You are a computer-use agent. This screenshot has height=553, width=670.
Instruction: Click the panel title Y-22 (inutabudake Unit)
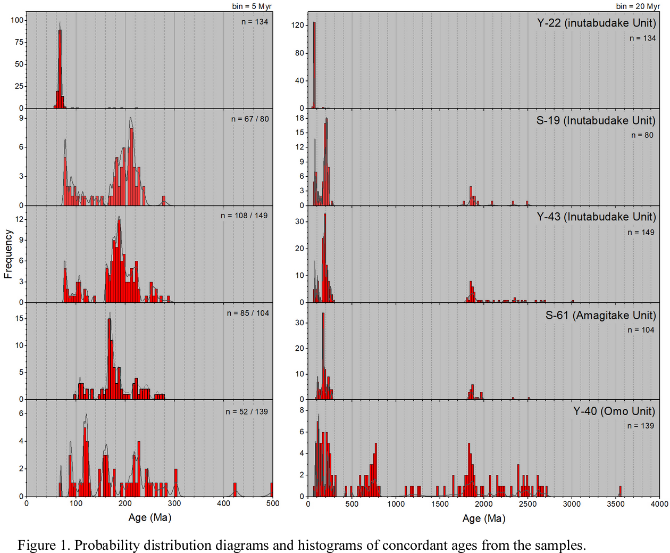(x=596, y=23)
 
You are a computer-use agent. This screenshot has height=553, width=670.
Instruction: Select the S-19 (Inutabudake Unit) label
(x=596, y=120)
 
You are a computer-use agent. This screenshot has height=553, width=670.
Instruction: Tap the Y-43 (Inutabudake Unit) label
(x=596, y=217)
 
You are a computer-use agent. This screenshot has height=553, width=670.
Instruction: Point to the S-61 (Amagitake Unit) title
(x=600, y=315)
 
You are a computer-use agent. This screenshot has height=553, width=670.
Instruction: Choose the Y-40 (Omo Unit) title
(x=614, y=411)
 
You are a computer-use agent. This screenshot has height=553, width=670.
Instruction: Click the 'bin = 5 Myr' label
(x=252, y=6)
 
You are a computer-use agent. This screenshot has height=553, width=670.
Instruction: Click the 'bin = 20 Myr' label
(x=638, y=6)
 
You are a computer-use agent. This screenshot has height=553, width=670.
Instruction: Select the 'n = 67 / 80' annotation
(x=250, y=119)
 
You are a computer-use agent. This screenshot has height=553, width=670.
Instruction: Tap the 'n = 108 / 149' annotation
(x=244, y=216)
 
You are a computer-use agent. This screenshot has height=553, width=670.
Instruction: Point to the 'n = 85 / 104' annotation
(x=248, y=313)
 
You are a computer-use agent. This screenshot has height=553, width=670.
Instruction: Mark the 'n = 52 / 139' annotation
(x=247, y=411)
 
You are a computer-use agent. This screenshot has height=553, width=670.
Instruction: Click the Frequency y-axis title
(x=8, y=254)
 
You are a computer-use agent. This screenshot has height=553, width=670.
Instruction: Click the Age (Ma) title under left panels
(x=149, y=517)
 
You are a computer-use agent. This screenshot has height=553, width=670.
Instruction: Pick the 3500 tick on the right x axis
(x=616, y=504)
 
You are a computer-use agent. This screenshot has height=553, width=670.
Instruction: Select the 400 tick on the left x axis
(x=223, y=503)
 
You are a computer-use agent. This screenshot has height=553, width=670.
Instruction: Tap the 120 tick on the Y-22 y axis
(x=298, y=25)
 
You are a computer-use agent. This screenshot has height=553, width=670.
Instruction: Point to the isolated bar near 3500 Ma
(x=620, y=491)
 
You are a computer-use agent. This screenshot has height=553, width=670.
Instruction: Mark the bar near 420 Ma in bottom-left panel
(x=235, y=490)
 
